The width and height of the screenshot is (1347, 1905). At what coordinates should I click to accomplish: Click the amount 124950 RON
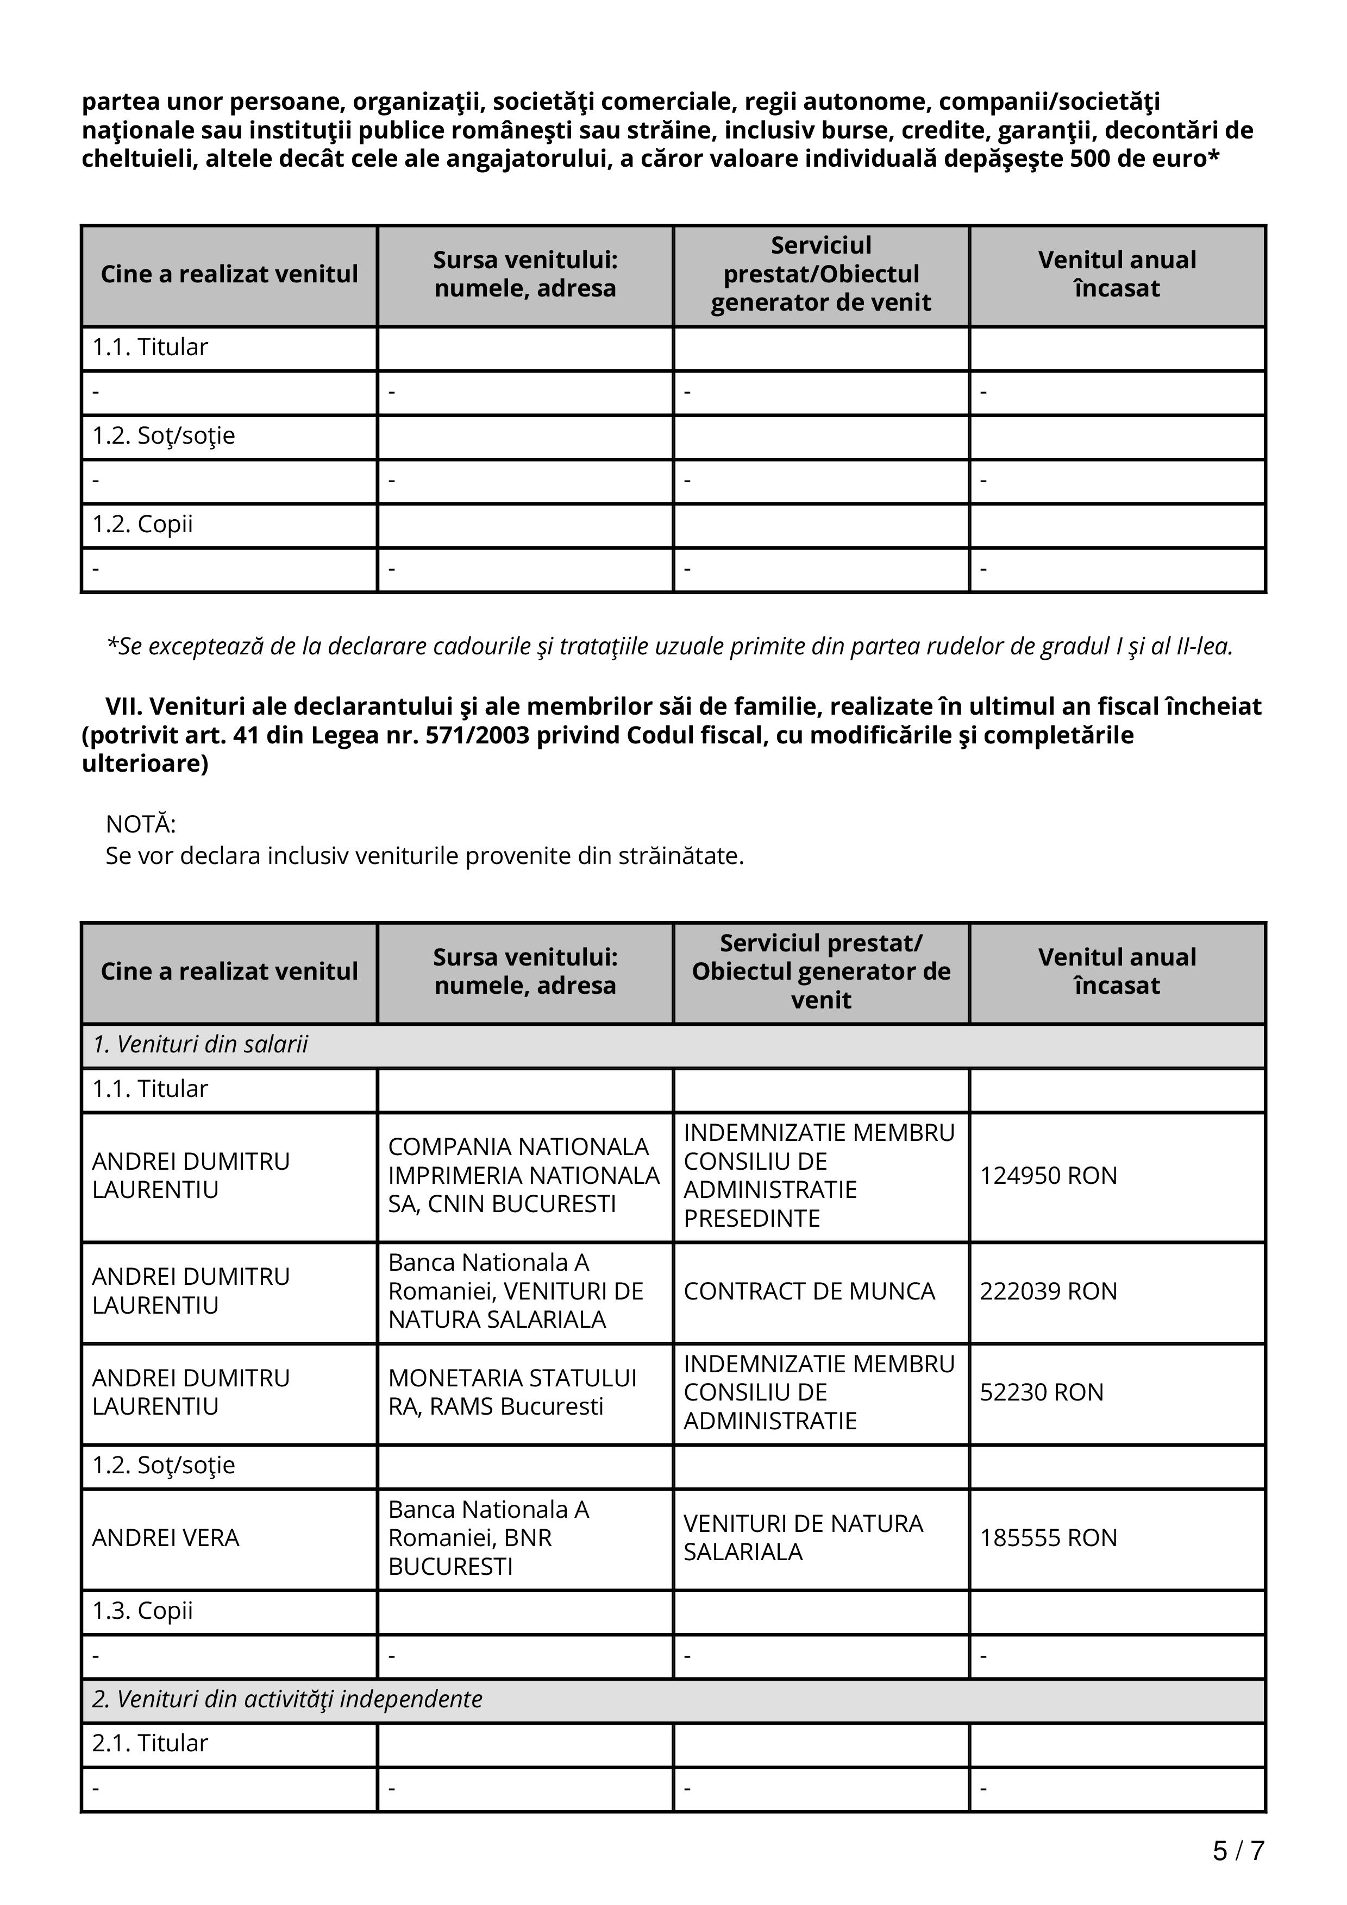click(x=1048, y=1176)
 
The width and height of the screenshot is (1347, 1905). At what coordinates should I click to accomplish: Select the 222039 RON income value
click(x=1048, y=1291)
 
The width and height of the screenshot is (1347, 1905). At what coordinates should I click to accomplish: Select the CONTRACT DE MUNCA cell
click(x=809, y=1291)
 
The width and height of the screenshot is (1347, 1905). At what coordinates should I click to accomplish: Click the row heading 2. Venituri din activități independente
click(x=287, y=1699)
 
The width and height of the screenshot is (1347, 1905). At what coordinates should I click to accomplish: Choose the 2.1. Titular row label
click(x=149, y=1743)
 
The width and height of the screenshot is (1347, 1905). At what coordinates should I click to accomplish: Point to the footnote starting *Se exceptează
click(x=669, y=646)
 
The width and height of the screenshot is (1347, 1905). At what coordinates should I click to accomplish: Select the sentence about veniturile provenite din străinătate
click(x=424, y=855)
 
